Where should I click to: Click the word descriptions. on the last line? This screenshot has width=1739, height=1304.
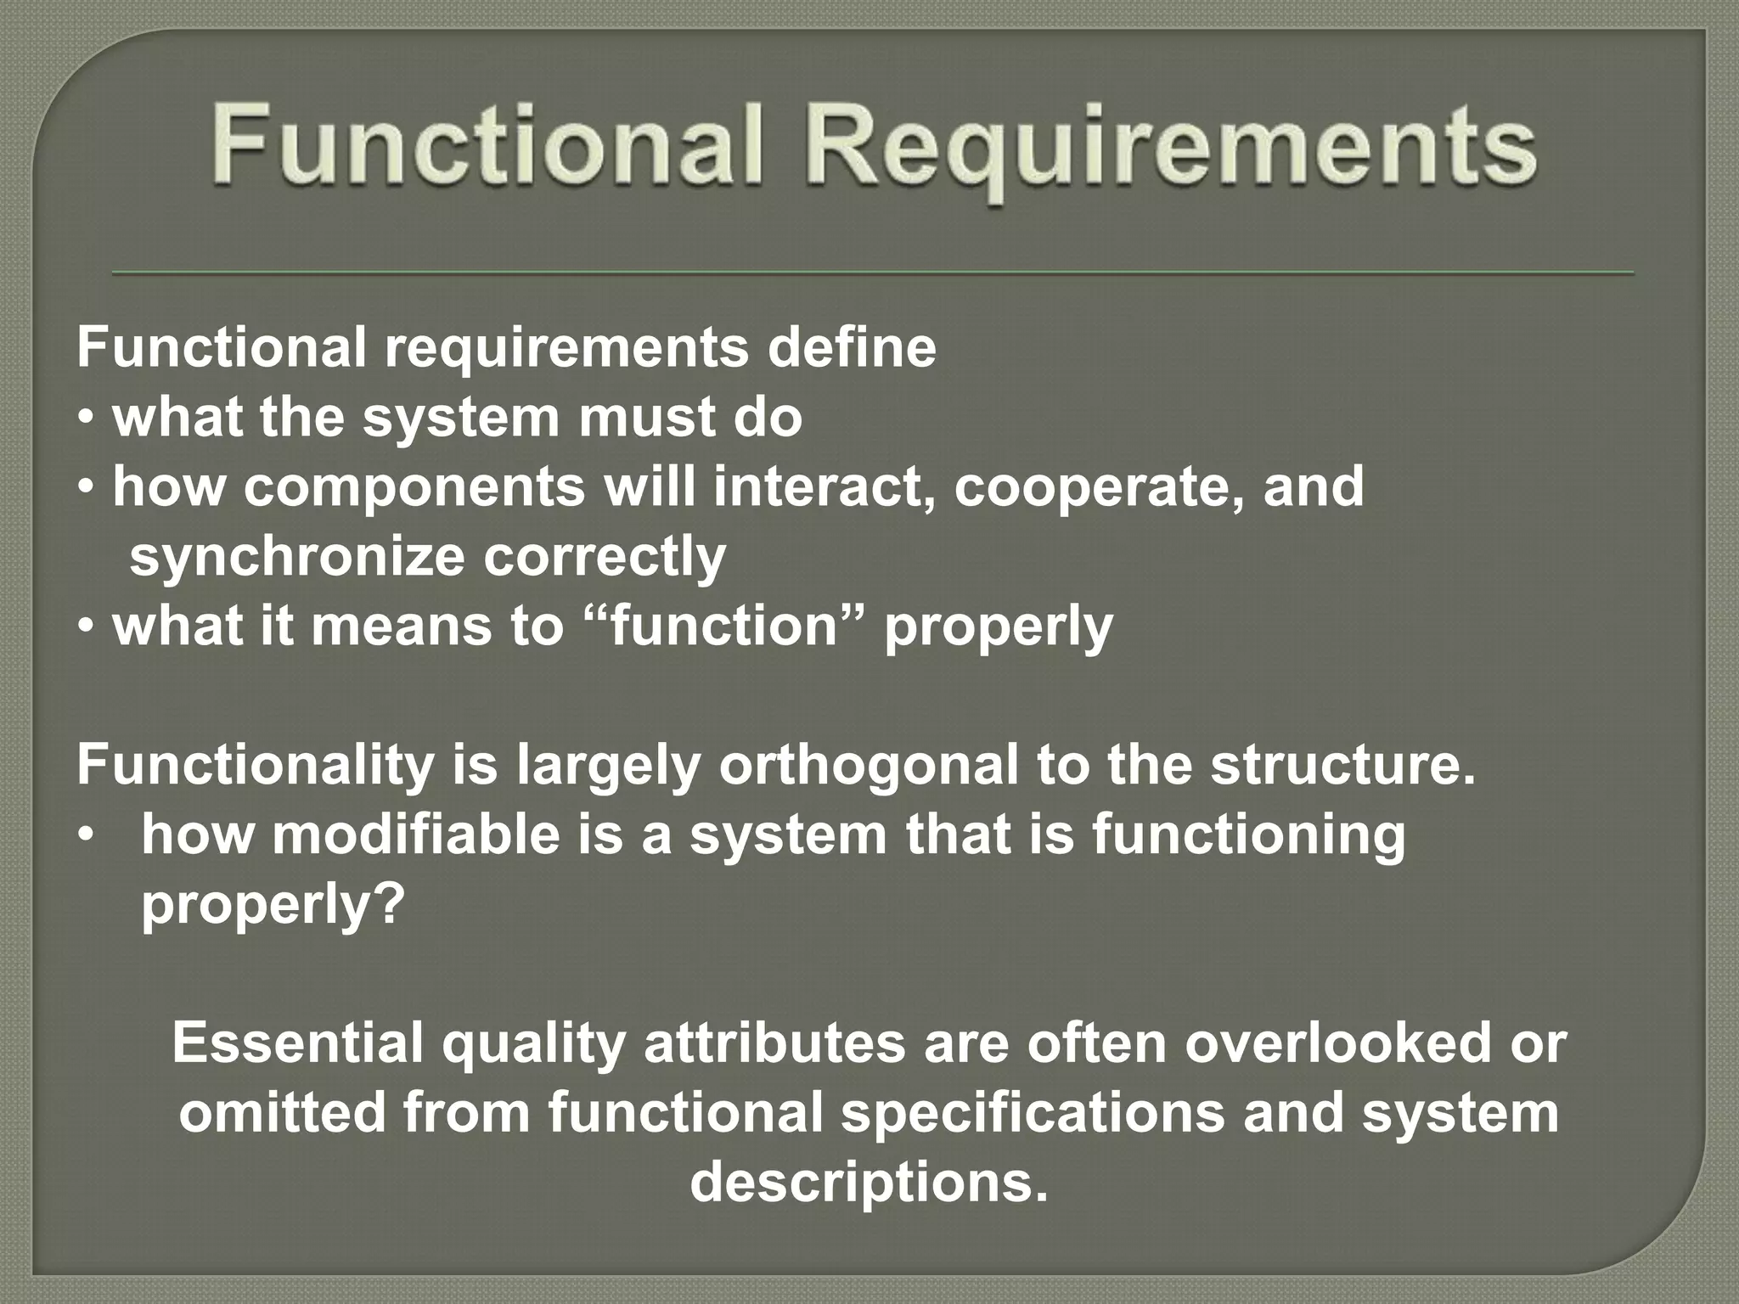click(869, 1183)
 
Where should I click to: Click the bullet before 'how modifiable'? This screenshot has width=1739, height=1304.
click(85, 836)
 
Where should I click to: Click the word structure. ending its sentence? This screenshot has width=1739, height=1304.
click(1343, 765)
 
